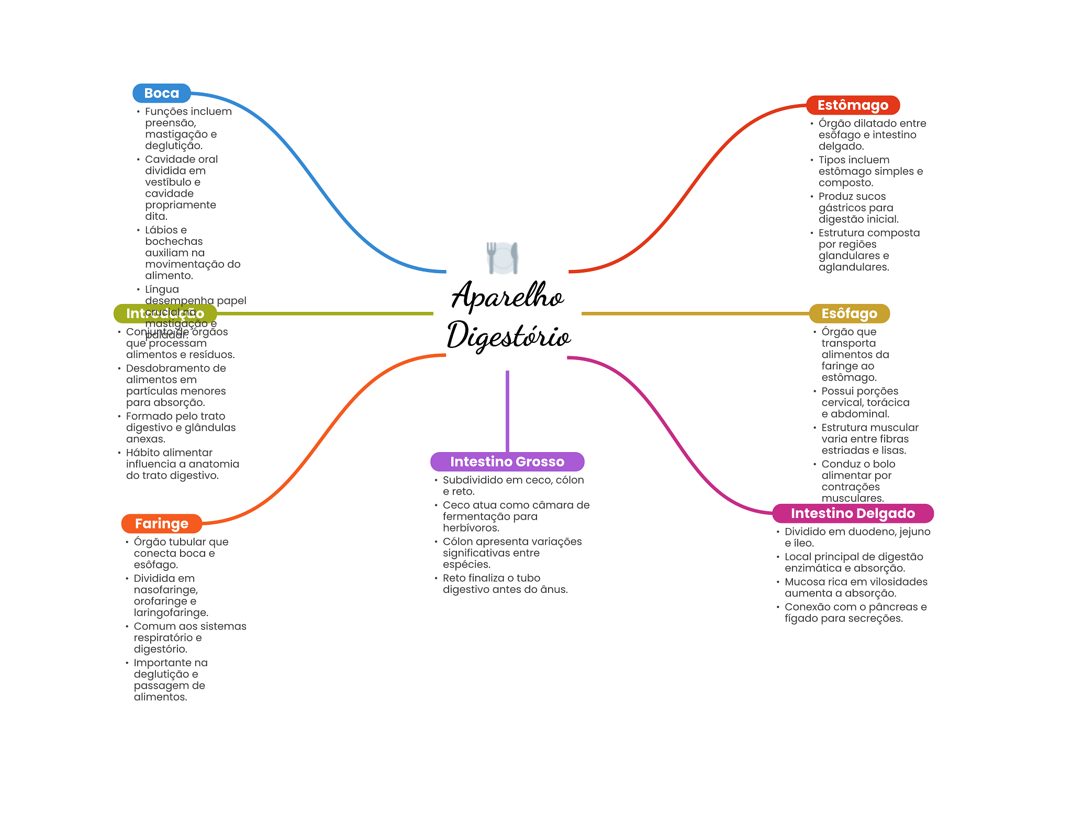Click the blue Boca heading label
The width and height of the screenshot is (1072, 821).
click(161, 93)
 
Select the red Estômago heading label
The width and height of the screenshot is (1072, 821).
click(852, 105)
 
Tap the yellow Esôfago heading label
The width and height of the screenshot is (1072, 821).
click(848, 313)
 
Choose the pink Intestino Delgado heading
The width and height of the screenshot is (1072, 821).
click(852, 513)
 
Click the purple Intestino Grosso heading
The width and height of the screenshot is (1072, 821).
click(507, 462)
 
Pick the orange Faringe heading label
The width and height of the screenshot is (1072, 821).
click(161, 523)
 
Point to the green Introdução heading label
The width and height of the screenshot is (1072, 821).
click(165, 313)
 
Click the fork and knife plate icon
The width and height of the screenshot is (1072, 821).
click(502, 257)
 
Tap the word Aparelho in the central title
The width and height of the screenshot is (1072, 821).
click(507, 296)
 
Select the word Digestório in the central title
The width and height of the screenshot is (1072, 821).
click(508, 335)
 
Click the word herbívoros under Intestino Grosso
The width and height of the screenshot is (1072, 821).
click(471, 528)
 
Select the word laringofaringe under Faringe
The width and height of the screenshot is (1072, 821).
click(171, 613)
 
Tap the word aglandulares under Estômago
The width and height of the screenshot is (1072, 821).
click(853, 267)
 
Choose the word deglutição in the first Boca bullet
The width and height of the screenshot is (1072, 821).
click(173, 146)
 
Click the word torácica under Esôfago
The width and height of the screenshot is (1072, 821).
click(888, 402)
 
